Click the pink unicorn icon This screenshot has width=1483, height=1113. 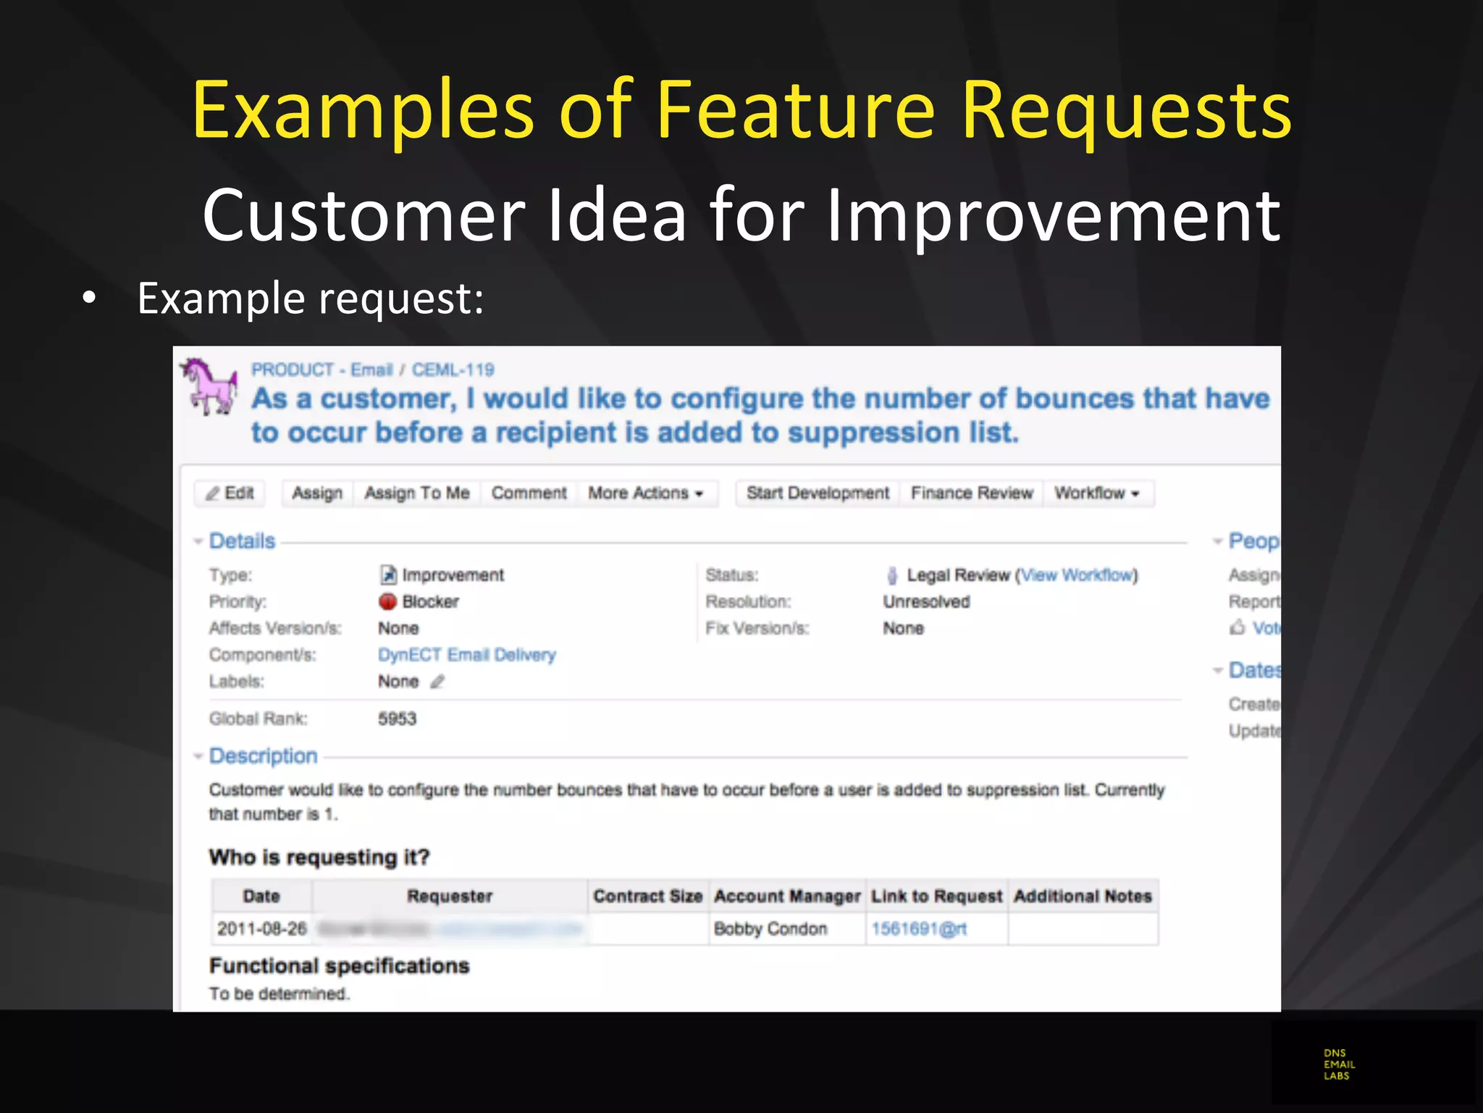click(209, 386)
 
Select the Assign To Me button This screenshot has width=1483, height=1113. click(416, 493)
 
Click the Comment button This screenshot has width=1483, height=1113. click(529, 493)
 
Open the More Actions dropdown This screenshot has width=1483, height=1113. click(645, 493)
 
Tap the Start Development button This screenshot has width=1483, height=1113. click(818, 493)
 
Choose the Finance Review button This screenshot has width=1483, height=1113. click(971, 493)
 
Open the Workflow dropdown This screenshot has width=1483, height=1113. click(1096, 493)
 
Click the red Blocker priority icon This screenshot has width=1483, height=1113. click(388, 601)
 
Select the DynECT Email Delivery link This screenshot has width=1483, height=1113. click(466, 655)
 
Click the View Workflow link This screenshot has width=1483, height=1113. click(1077, 575)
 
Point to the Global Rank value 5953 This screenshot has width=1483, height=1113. click(397, 719)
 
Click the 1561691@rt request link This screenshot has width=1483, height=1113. click(919, 929)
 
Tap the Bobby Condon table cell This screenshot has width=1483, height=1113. click(770, 929)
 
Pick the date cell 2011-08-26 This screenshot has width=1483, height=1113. click(262, 929)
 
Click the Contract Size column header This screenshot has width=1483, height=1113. click(648, 896)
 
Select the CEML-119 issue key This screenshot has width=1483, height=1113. click(453, 370)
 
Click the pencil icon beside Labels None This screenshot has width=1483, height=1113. click(437, 682)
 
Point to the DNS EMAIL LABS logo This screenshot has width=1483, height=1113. click(1339, 1064)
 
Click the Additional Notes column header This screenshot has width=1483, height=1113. click(1083, 896)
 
